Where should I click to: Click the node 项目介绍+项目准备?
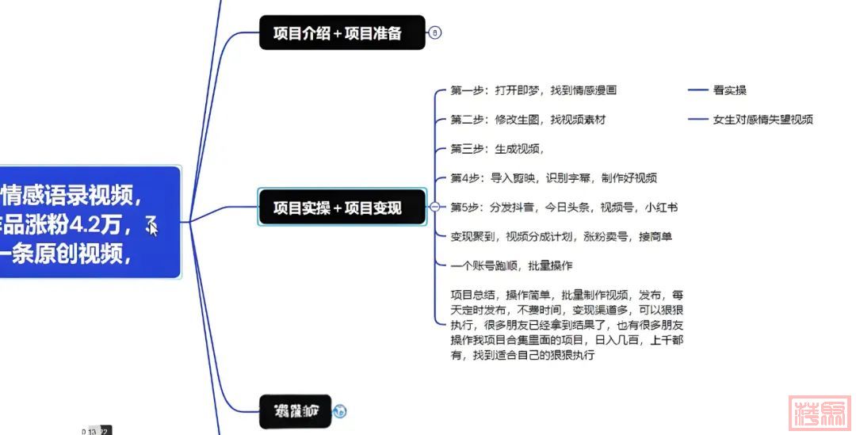click(x=342, y=32)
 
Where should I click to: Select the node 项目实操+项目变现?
click(x=342, y=208)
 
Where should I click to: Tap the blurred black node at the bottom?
click(x=295, y=410)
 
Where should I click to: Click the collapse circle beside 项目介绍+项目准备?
click(x=434, y=32)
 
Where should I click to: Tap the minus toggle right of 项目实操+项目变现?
click(x=434, y=208)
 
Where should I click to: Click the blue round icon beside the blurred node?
click(x=340, y=410)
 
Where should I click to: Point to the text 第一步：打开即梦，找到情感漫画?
click(x=533, y=90)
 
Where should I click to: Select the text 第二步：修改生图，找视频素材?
click(x=528, y=120)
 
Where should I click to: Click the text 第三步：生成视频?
click(x=497, y=149)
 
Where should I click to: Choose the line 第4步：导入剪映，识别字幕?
click(x=553, y=178)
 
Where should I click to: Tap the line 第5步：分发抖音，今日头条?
click(x=564, y=208)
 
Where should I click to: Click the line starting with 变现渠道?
click(x=561, y=236)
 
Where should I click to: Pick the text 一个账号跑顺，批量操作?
click(x=511, y=265)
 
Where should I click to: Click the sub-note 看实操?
click(x=729, y=90)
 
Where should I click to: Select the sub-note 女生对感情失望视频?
click(x=762, y=120)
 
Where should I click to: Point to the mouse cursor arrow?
click(x=152, y=227)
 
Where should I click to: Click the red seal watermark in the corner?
click(x=820, y=410)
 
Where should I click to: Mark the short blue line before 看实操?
click(x=697, y=90)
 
